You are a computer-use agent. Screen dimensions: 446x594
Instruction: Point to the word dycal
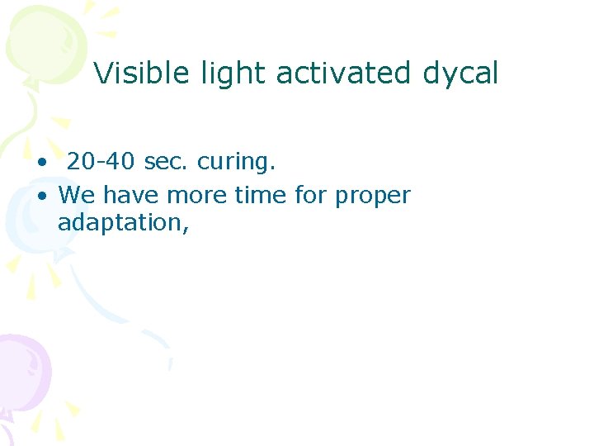[x=460, y=74]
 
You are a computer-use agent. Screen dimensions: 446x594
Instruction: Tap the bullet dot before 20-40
[x=40, y=162]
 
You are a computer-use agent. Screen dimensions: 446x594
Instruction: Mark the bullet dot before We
[x=40, y=197]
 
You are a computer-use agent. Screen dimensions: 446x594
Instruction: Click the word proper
[x=373, y=197]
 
